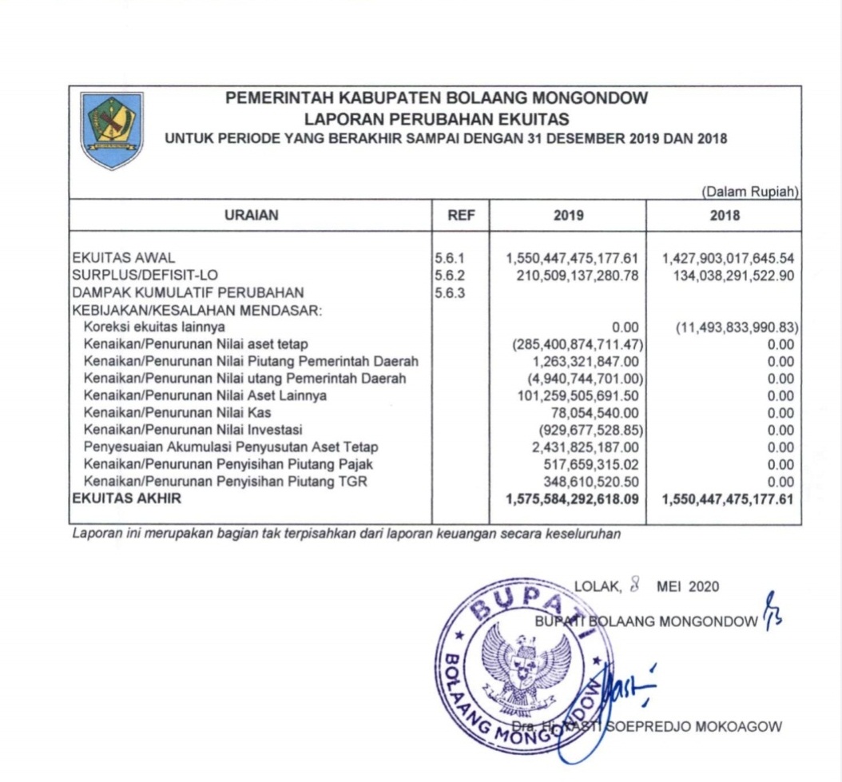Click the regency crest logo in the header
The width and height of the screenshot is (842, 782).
(x=113, y=129)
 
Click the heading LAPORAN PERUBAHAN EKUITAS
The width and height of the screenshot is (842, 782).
(x=437, y=119)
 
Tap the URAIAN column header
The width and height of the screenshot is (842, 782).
(x=252, y=215)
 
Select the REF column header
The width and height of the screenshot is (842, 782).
(x=461, y=215)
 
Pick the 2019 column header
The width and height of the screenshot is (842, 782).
(x=568, y=215)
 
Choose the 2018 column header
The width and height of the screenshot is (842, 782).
(x=725, y=215)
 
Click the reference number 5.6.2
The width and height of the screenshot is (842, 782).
(x=449, y=275)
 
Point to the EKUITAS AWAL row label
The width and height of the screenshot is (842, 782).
(x=123, y=258)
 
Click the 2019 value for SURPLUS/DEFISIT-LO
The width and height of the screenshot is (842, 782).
(x=573, y=275)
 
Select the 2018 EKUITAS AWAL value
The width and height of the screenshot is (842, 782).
(x=728, y=258)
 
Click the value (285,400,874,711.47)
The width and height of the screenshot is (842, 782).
(x=577, y=344)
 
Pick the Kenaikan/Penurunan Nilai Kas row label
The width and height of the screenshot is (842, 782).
(x=177, y=413)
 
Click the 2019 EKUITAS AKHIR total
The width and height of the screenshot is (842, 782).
(x=573, y=499)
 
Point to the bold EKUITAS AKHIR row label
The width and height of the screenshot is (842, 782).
(x=126, y=499)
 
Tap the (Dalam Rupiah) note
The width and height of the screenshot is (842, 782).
(x=750, y=192)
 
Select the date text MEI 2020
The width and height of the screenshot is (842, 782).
(x=687, y=587)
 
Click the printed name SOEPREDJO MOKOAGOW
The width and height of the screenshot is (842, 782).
(x=694, y=726)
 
